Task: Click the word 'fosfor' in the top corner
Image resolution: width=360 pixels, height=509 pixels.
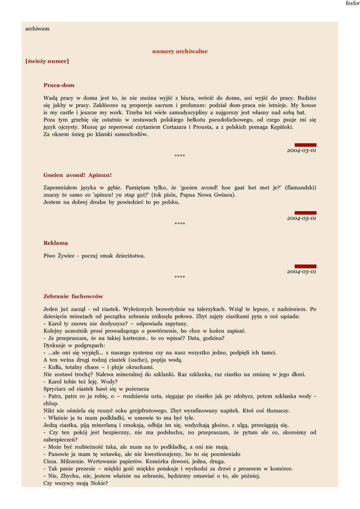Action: click(x=352, y=3)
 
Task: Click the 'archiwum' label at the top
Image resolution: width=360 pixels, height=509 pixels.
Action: click(x=37, y=29)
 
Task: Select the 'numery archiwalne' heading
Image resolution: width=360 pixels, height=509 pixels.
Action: click(x=180, y=51)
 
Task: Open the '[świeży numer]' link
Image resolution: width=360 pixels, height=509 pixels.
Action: click(x=47, y=61)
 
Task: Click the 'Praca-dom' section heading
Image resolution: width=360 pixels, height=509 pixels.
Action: click(x=59, y=85)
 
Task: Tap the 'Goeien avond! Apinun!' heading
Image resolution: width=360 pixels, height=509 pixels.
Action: click(x=78, y=175)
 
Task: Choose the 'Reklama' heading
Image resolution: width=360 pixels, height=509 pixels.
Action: click(x=56, y=243)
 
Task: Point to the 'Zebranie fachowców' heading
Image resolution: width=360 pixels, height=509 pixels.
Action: click(x=73, y=296)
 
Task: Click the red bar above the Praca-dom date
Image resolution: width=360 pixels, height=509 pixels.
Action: click(x=305, y=145)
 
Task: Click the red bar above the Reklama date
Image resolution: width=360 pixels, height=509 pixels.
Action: click(x=305, y=266)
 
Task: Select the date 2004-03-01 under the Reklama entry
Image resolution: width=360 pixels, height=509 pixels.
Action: click(x=301, y=272)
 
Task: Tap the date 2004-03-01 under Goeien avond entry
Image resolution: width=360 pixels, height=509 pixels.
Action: click(x=301, y=218)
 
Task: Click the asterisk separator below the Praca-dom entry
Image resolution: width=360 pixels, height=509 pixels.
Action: click(x=180, y=156)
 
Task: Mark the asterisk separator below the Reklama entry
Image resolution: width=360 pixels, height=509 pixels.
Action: click(x=180, y=277)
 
